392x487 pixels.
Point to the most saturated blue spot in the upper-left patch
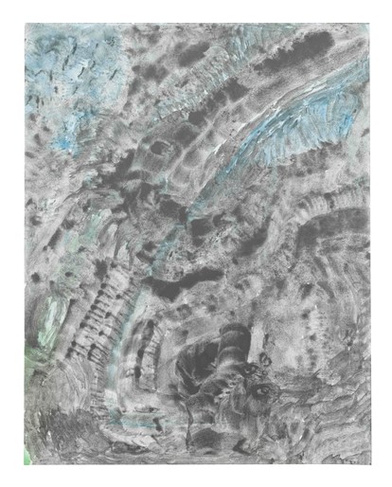tap(64, 142)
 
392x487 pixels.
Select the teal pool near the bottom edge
tap(133, 417)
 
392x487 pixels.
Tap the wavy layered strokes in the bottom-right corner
tap(331, 436)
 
